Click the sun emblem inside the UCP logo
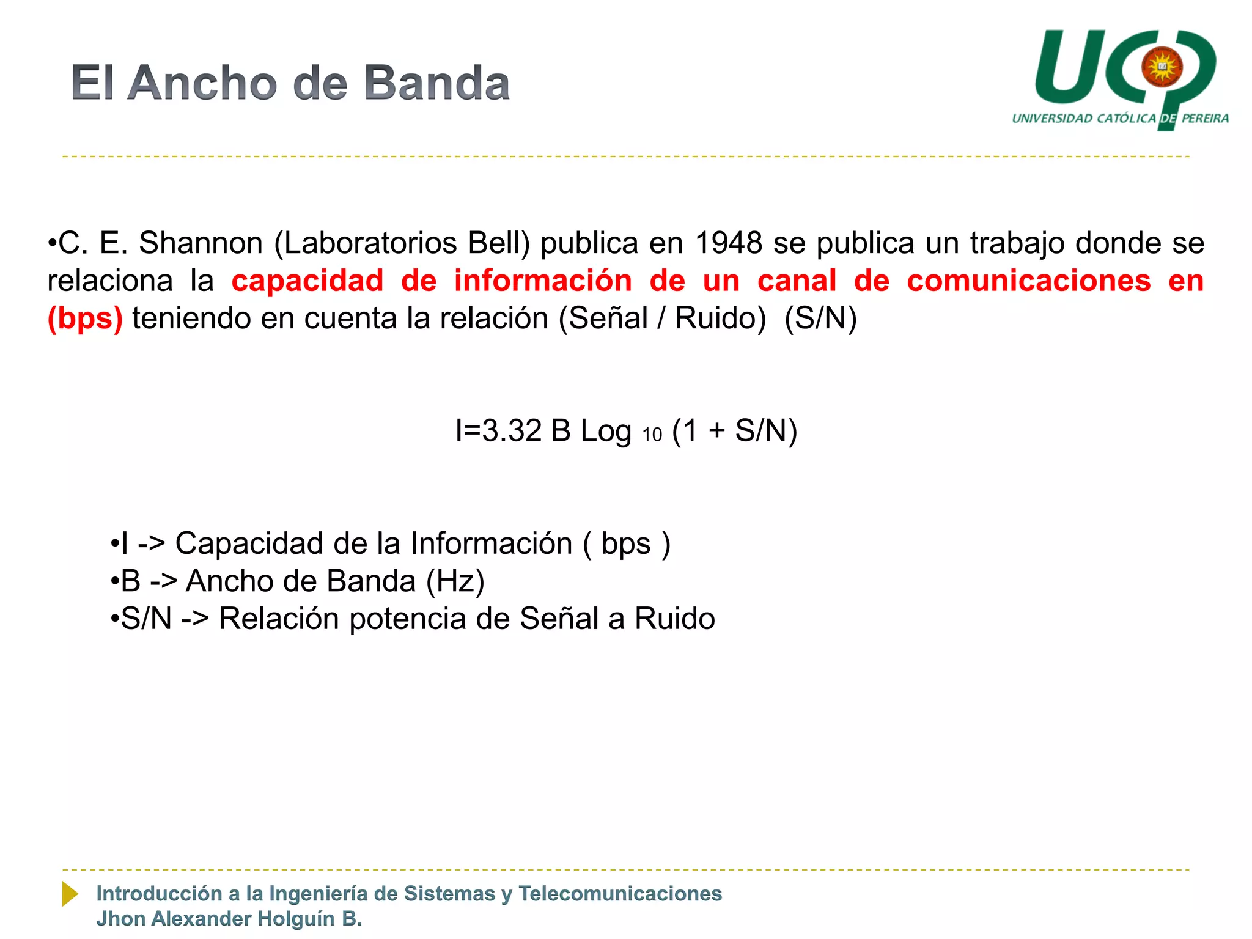pyautogui.click(x=1162, y=67)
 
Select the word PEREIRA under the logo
pyautogui.click(x=1205, y=119)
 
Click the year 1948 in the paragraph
pyautogui.click(x=729, y=243)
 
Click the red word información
pyautogui.click(x=543, y=281)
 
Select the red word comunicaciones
pyautogui.click(x=1029, y=281)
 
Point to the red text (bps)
pyautogui.click(x=85, y=319)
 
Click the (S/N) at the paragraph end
pyautogui.click(x=820, y=319)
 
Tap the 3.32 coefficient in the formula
pyautogui.click(x=512, y=431)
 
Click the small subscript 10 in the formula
pyautogui.click(x=652, y=435)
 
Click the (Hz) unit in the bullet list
pyautogui.click(x=455, y=581)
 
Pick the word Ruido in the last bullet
pyautogui.click(x=674, y=619)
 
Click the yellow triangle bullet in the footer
pyautogui.click(x=70, y=894)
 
